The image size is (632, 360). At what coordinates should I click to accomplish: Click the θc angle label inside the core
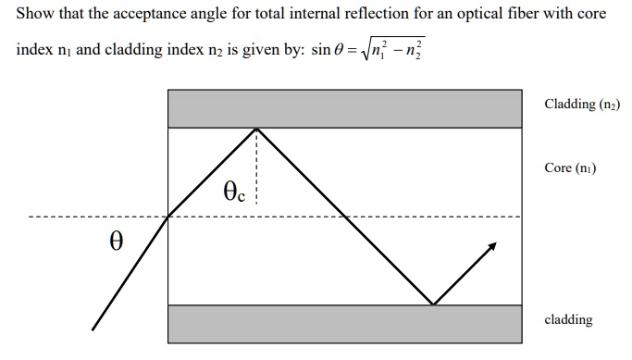point(234,192)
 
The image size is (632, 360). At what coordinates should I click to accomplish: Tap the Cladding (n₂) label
point(582,104)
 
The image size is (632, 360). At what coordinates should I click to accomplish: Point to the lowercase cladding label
point(568,319)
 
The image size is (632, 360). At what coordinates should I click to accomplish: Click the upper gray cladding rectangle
point(344,109)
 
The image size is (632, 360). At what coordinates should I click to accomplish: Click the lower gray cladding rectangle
point(344,323)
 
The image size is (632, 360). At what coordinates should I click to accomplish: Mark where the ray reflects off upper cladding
point(255,129)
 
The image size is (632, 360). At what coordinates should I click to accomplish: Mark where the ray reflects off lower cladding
point(432,304)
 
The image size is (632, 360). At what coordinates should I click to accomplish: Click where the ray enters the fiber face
point(168,217)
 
